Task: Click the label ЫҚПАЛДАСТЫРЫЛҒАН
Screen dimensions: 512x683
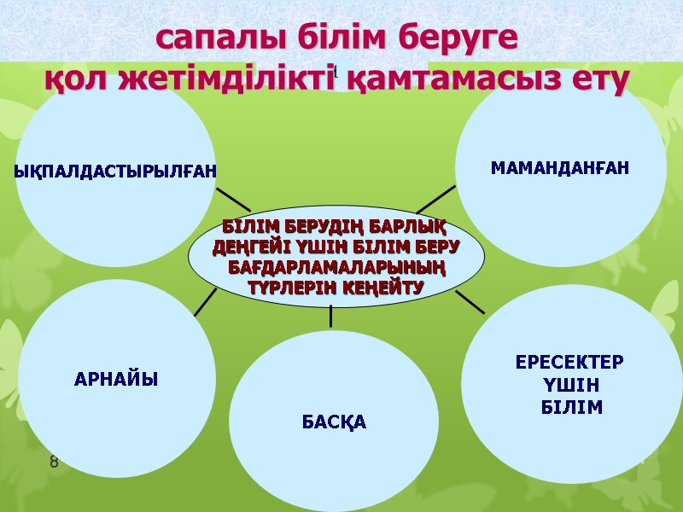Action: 116,172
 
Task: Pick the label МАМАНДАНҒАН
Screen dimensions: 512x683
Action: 560,168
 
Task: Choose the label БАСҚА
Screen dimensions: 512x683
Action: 334,422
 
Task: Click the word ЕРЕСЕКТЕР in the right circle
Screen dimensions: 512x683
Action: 570,361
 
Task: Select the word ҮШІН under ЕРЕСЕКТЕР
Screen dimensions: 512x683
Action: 570,384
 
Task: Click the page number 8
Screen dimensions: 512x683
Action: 54,463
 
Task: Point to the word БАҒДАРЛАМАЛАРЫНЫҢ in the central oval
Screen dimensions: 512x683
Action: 336,269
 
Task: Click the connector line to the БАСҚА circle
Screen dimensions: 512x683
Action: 330,316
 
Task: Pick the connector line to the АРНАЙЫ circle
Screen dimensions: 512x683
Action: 205,302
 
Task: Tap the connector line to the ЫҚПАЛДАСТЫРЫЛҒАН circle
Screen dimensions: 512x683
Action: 232,200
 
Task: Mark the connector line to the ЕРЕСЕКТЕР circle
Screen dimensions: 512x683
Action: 470,301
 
